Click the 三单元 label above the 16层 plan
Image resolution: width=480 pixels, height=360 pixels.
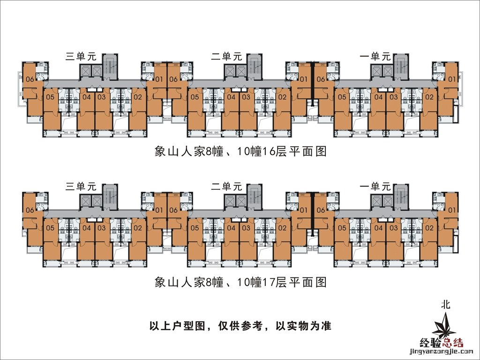click(x=81, y=57)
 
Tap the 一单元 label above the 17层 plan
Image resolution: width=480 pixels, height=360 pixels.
click(x=375, y=186)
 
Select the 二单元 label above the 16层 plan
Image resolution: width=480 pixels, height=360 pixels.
click(x=226, y=57)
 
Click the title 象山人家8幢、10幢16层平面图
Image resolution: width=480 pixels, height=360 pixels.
click(x=240, y=152)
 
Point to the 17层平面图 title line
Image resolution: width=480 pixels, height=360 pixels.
click(x=240, y=282)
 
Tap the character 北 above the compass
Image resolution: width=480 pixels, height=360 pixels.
click(x=446, y=304)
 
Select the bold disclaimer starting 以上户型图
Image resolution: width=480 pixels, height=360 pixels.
click(x=240, y=326)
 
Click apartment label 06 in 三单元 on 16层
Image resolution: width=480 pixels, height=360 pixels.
click(x=30, y=79)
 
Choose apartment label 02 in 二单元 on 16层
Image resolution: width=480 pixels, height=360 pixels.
click(x=282, y=97)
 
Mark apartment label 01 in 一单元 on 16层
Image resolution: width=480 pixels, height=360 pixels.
click(x=452, y=79)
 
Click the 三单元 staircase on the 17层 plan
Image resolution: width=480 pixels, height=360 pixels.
click(x=111, y=196)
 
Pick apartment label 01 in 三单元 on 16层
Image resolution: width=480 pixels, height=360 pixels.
click(x=159, y=79)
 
